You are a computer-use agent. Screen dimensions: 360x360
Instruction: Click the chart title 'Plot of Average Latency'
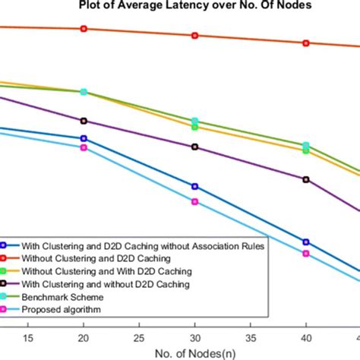(x=180, y=8)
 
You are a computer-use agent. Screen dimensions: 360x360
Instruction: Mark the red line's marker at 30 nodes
(x=194, y=36)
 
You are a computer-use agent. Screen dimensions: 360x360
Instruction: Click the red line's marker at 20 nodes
(x=84, y=29)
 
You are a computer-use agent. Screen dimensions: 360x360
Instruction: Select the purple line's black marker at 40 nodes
(x=306, y=179)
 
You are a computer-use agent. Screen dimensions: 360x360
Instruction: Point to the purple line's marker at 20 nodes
(x=84, y=121)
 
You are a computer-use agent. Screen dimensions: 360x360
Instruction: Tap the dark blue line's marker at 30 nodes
(x=194, y=186)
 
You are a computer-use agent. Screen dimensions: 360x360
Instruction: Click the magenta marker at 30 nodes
(x=194, y=201)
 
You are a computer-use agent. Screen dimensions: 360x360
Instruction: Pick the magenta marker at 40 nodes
(x=306, y=253)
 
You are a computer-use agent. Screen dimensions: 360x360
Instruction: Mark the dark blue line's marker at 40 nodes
(x=306, y=242)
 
